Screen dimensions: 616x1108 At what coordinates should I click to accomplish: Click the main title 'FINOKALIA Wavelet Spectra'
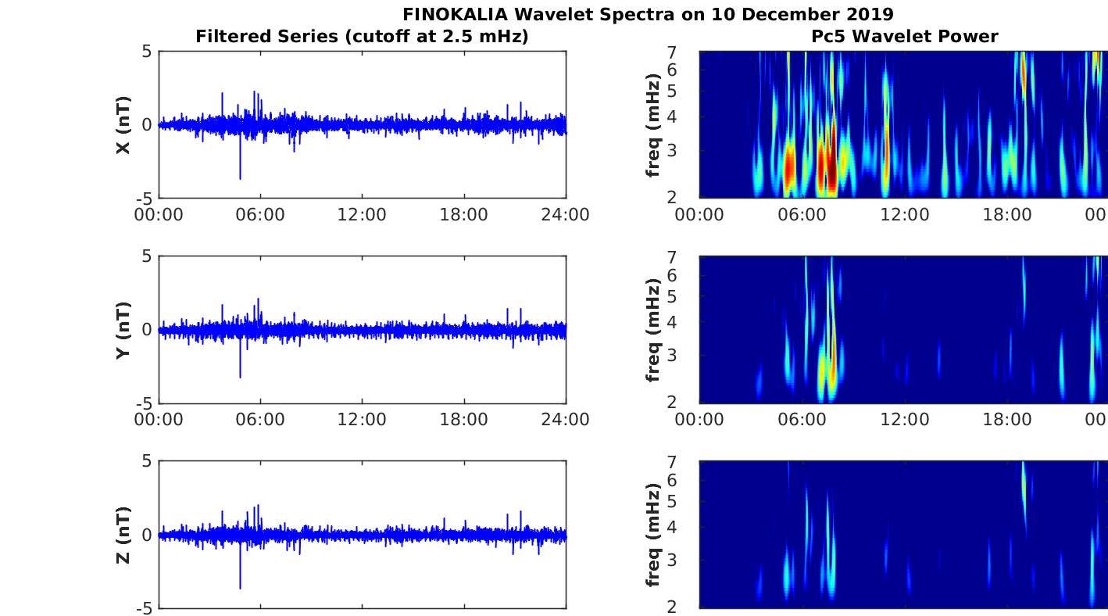[x=648, y=14]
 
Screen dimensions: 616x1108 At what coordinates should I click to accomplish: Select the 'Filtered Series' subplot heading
[x=362, y=36]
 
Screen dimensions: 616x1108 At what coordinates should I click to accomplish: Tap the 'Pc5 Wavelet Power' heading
[x=904, y=36]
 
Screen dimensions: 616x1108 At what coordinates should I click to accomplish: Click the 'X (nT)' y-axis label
[x=123, y=125]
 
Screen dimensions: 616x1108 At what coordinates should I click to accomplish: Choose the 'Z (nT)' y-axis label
[x=123, y=535]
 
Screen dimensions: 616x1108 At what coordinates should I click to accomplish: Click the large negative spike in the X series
[x=240, y=177]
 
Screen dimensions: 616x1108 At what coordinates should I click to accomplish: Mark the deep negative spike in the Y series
[x=240, y=376]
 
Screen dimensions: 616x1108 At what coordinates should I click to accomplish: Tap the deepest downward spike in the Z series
[x=240, y=586]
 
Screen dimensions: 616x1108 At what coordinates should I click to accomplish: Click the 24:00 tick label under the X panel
[x=566, y=214]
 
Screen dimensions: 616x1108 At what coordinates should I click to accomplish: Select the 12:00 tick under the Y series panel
[x=363, y=419]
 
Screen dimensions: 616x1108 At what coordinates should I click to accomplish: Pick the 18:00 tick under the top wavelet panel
[x=1007, y=214]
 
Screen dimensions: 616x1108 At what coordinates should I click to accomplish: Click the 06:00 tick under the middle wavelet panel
[x=802, y=419]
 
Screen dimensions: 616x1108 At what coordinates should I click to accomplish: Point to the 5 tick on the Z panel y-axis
[x=147, y=461]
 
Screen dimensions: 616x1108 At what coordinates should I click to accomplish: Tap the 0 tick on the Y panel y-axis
[x=147, y=330]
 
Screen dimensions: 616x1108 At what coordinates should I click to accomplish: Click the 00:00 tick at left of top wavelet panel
[x=699, y=214]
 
